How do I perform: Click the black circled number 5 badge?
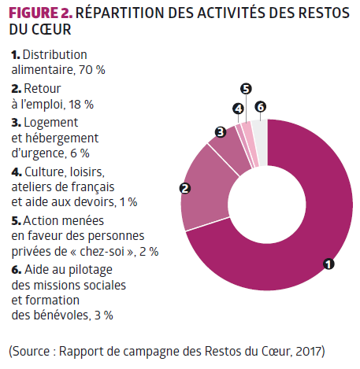coord(246,89)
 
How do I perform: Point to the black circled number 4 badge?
coord(239,109)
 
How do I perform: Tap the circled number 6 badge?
coord(261,107)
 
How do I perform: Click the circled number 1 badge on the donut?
coord(328,264)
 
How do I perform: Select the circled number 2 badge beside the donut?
coord(185,188)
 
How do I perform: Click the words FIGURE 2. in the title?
coord(40,13)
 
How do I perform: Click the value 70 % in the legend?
coord(92,70)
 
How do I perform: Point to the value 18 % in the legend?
coord(81,105)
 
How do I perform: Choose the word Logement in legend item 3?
coord(51,123)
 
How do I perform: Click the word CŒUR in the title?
coord(51,29)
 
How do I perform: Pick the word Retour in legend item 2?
coord(43,89)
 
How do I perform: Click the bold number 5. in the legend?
coord(17,221)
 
